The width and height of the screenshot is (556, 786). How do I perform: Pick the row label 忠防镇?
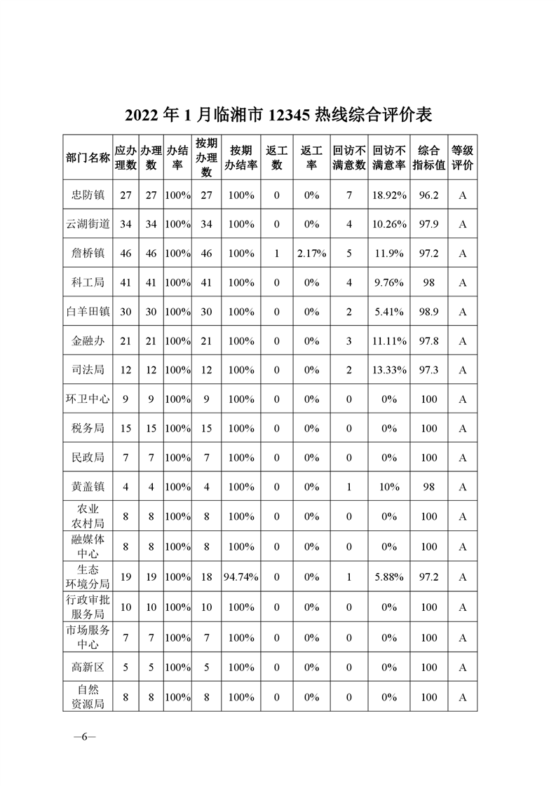click(x=88, y=195)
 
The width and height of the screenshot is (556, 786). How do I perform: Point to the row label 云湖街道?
click(x=88, y=224)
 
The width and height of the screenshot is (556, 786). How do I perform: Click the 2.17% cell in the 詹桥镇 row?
click(x=311, y=254)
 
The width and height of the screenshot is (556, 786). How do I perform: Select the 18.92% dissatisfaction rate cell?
click(x=389, y=195)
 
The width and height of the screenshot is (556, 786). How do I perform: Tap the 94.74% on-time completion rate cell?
click(x=241, y=577)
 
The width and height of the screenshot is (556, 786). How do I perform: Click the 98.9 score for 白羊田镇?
click(x=429, y=312)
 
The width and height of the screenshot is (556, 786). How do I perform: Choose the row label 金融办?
click(x=88, y=341)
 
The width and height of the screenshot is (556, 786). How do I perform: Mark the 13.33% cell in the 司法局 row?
click(x=389, y=370)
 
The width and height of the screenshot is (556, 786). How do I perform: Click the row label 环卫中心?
click(x=88, y=399)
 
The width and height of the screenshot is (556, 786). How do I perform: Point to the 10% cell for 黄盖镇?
click(x=389, y=487)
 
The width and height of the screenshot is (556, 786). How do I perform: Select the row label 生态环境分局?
click(x=88, y=577)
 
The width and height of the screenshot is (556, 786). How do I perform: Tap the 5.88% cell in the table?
click(x=389, y=577)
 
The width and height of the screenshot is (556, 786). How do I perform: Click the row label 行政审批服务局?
click(x=88, y=607)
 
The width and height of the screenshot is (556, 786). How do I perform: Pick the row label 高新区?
click(x=88, y=668)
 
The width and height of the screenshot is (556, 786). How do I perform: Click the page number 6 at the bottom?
click(x=83, y=737)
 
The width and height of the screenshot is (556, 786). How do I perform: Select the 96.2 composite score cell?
click(x=429, y=195)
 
